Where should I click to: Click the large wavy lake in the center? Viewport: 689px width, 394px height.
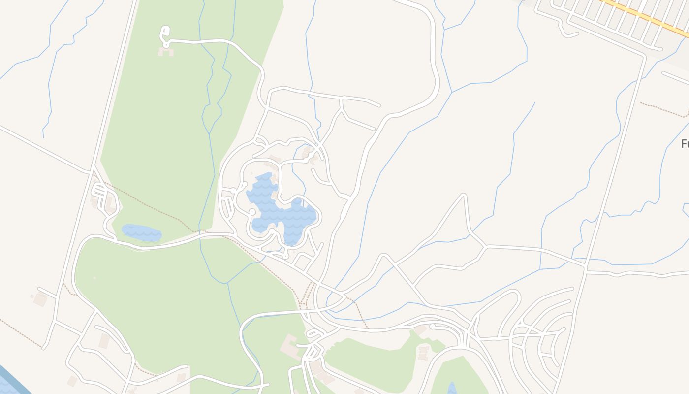[281, 212]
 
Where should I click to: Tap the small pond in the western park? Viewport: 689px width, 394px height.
[142, 232]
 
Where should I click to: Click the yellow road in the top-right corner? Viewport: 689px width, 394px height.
[645, 17]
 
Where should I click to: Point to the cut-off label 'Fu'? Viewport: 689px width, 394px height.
[684, 144]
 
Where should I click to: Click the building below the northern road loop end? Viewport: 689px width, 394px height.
[166, 51]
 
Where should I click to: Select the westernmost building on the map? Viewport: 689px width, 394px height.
[39, 298]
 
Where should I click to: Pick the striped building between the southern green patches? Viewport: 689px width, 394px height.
[423, 353]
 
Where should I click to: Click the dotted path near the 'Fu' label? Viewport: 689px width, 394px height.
[664, 110]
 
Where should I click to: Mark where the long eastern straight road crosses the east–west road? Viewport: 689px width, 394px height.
[585, 269]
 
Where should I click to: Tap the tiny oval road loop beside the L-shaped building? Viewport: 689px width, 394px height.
[315, 335]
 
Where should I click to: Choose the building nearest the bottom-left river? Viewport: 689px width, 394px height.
[72, 381]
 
